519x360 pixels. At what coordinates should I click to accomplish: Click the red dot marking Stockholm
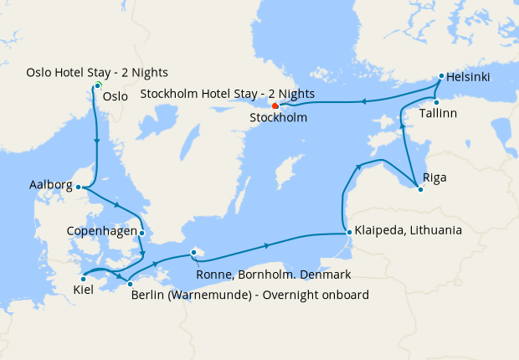tap(275, 105)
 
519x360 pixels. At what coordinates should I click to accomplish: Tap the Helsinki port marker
tap(440, 76)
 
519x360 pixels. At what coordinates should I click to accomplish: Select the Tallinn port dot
tap(436, 102)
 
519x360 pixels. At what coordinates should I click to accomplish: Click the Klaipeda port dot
tap(347, 232)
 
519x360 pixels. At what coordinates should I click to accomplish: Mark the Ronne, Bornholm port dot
tap(193, 251)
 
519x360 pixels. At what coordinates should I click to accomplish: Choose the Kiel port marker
tap(82, 278)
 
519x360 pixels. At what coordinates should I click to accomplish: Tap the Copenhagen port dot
tap(142, 233)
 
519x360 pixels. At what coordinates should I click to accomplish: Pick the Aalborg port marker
tap(78, 188)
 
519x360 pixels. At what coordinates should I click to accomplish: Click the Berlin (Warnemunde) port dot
tap(130, 285)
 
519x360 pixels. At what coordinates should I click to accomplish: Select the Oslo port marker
tap(98, 85)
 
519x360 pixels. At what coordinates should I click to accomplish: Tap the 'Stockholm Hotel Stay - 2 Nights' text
tap(228, 94)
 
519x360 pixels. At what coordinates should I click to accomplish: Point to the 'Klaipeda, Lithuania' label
tap(409, 229)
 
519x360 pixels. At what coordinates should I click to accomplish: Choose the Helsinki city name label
tap(468, 78)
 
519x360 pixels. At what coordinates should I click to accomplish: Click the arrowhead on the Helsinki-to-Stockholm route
tap(363, 102)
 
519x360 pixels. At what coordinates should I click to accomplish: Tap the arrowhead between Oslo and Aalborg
tap(98, 142)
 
